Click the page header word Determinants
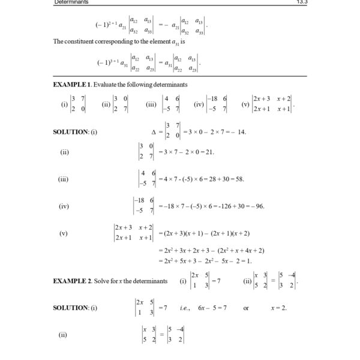click(x=71, y=2)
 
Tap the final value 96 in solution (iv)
click(x=259, y=206)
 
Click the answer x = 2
click(x=278, y=308)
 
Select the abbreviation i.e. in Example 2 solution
click(x=184, y=308)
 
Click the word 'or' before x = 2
click(x=247, y=308)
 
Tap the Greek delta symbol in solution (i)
click(x=154, y=132)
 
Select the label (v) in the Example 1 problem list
click(x=245, y=104)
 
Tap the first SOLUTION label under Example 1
click(x=71, y=132)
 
